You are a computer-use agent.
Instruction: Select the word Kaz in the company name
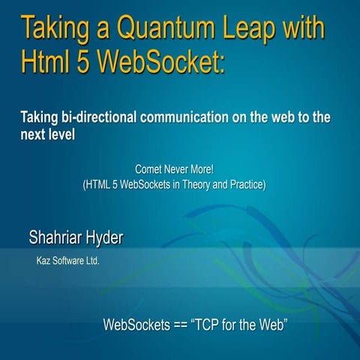tap(43, 262)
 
